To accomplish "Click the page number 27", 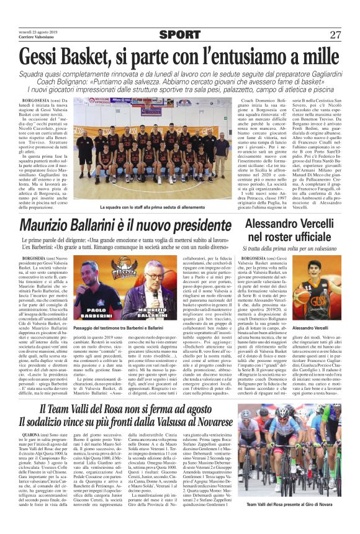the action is (x=335, y=35).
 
